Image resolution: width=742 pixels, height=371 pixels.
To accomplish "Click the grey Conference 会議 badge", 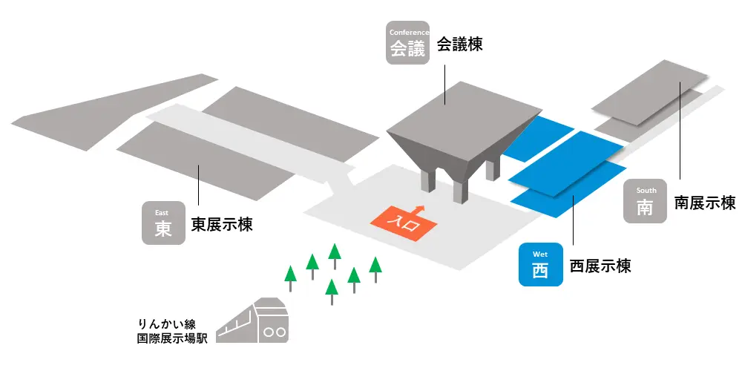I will (x=408, y=43).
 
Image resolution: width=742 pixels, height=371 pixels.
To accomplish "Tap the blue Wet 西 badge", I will (x=539, y=265).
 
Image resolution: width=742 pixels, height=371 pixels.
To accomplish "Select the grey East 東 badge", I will (x=163, y=223).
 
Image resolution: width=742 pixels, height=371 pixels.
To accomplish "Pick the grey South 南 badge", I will (x=646, y=201).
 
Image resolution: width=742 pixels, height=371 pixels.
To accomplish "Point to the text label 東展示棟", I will (x=222, y=224).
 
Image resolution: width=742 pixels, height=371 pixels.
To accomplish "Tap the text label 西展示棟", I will (x=600, y=265).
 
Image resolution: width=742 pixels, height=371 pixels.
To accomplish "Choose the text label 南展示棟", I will (x=704, y=203).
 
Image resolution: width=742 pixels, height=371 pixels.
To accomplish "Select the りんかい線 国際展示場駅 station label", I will (x=170, y=331).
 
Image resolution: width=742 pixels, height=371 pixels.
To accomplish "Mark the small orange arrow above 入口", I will (x=420, y=209).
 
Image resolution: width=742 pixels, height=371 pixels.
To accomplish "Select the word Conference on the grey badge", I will (x=408, y=32).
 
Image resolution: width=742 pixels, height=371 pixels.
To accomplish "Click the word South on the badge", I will (x=646, y=190).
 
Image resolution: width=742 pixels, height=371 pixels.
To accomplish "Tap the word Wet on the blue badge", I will (x=539, y=254).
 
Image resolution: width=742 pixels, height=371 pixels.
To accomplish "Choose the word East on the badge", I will (x=162, y=212).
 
